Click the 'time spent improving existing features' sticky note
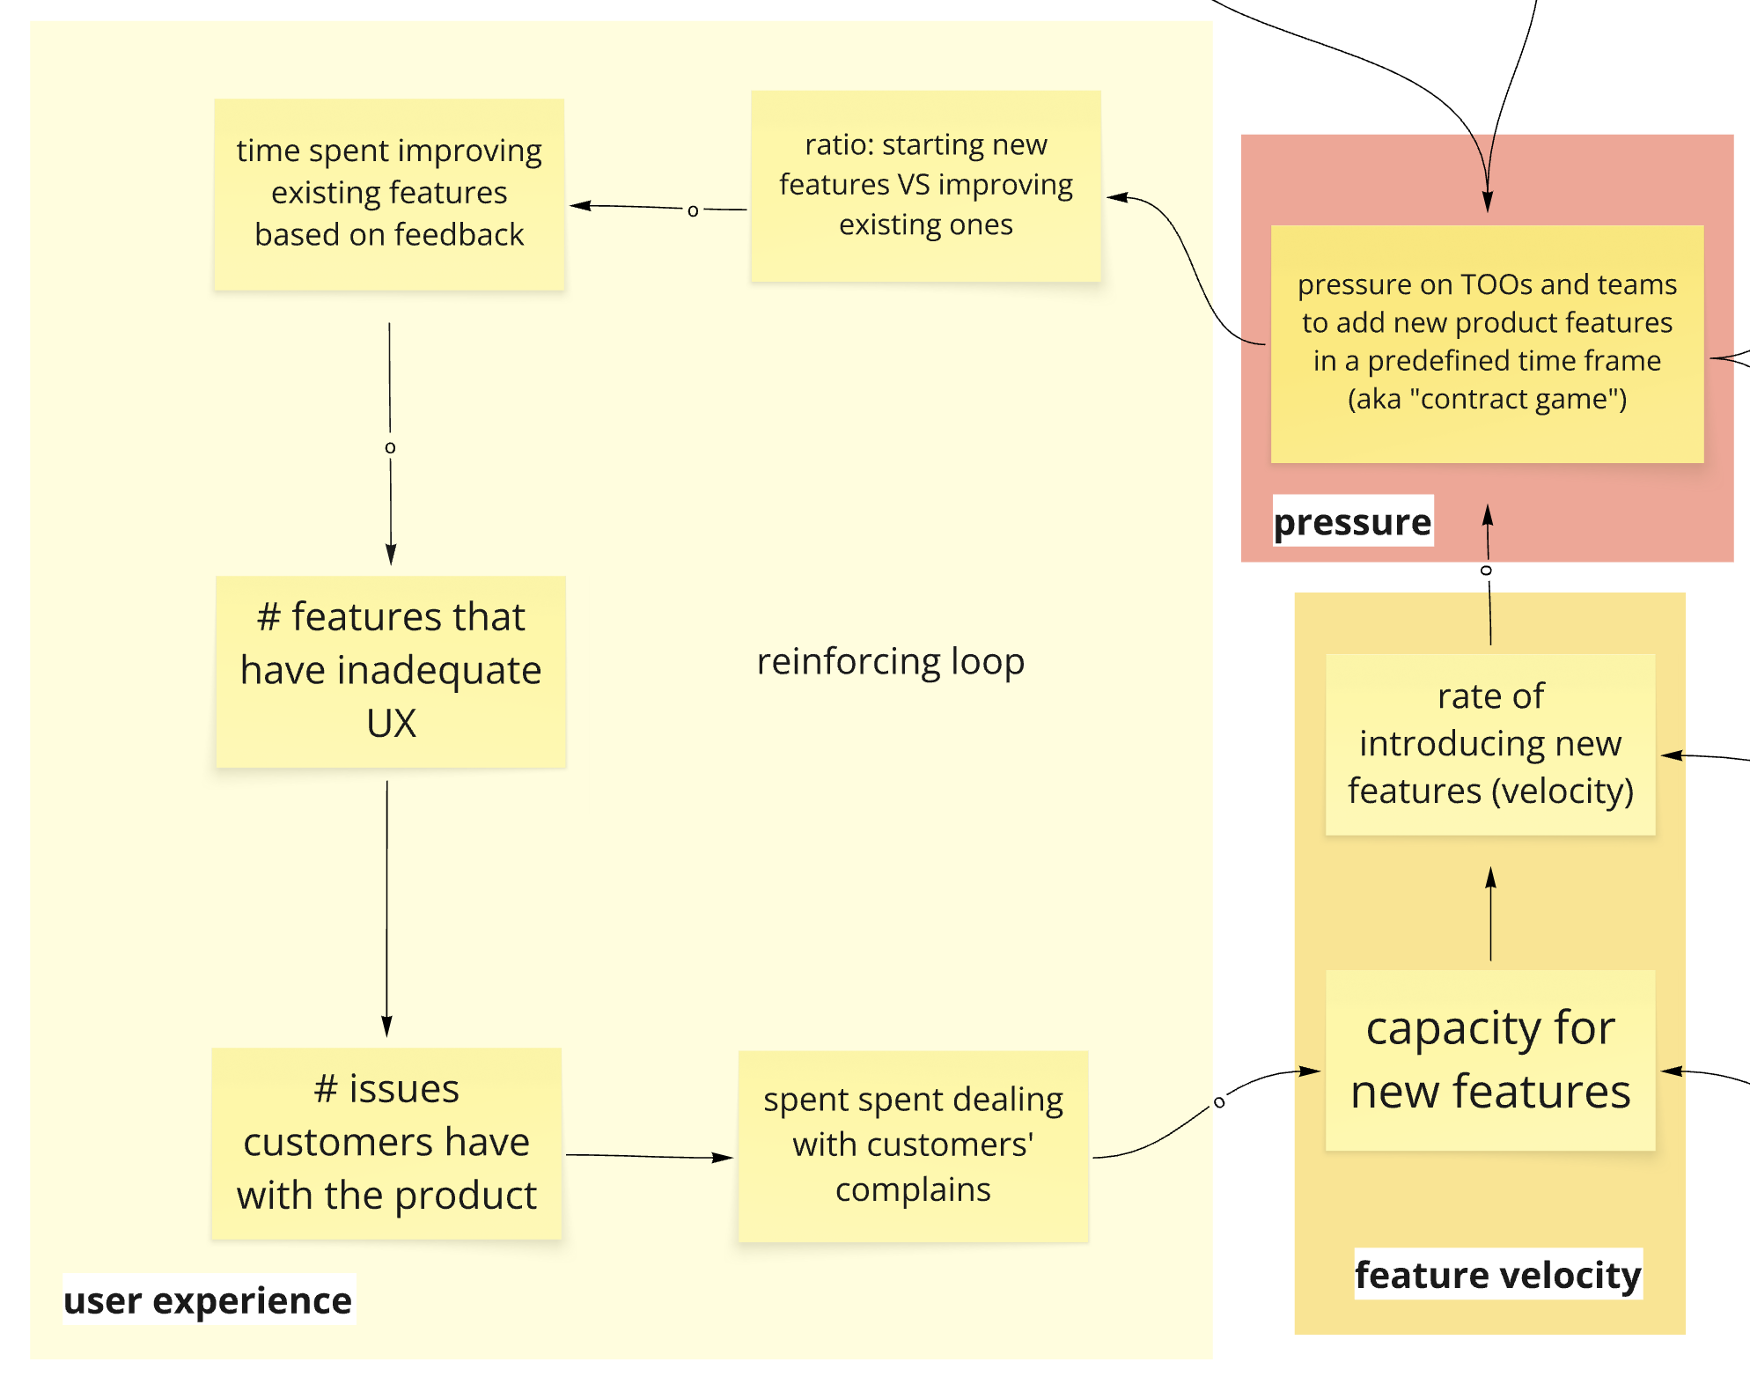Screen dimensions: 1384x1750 389,194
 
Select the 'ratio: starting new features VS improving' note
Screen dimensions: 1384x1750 925,186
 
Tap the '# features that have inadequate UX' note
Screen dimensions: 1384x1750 391,671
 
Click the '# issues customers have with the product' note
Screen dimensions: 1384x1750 386,1143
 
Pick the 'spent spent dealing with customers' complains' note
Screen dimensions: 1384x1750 913,1145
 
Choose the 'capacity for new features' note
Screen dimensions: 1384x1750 1489,1060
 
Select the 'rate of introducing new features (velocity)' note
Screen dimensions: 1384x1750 1489,744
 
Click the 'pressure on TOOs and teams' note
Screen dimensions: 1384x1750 1487,343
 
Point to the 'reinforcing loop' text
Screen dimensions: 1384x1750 890,661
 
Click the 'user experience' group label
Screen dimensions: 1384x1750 208,1299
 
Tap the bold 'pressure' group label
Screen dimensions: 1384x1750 1352,521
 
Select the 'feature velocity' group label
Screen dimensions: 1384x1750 1497,1274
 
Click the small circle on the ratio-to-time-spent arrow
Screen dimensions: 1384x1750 693,210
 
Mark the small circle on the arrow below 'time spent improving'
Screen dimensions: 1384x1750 390,447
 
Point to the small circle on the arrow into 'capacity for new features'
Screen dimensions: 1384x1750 1219,1101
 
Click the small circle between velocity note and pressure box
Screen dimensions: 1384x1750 1486,571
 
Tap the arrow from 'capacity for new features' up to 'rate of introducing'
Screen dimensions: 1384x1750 1490,916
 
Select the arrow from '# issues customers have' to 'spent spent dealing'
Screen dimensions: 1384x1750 650,1156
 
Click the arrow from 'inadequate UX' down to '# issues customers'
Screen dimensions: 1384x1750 386,907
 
